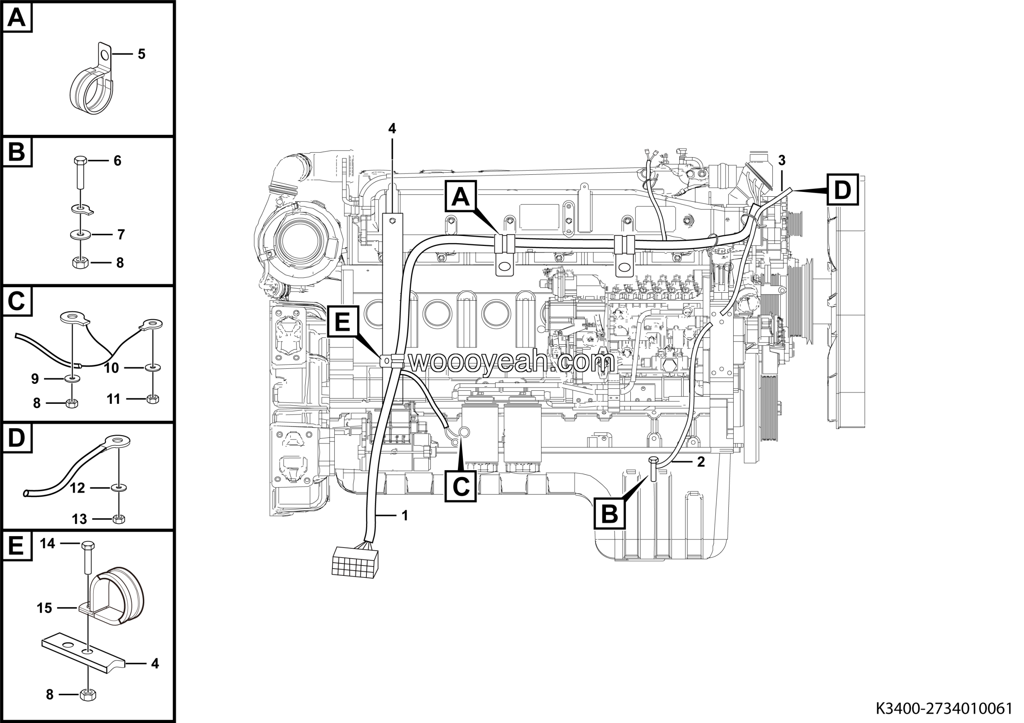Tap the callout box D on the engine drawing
pyautogui.click(x=842, y=190)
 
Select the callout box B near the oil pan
pyautogui.click(x=610, y=513)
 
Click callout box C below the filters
pyautogui.click(x=461, y=486)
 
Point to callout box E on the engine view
pyautogui.click(x=342, y=322)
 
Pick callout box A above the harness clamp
pyautogui.click(x=461, y=196)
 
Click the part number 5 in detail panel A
pyautogui.click(x=141, y=54)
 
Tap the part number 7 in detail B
pyautogui.click(x=121, y=234)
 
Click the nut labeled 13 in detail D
pyautogui.click(x=119, y=519)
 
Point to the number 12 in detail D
pyautogui.click(x=77, y=488)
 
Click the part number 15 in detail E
pyautogui.click(x=44, y=608)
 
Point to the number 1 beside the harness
pyautogui.click(x=404, y=516)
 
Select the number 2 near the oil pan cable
pyautogui.click(x=701, y=462)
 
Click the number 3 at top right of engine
pyautogui.click(x=781, y=160)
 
